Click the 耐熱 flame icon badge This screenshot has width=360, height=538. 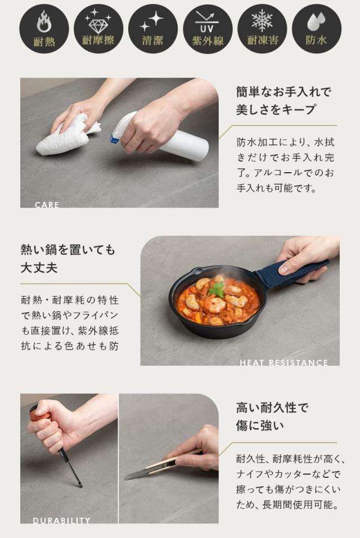pyautogui.click(x=44, y=29)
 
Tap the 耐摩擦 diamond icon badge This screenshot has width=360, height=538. pyautogui.click(x=98, y=29)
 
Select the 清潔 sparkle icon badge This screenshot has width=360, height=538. pyautogui.click(x=153, y=29)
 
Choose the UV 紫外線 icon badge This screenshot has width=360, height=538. pyautogui.click(x=208, y=29)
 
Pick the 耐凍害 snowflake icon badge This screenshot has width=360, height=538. pyautogui.click(x=262, y=29)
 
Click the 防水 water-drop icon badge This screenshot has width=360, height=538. pyautogui.click(x=317, y=29)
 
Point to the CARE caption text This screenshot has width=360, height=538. pyautogui.click(x=47, y=205)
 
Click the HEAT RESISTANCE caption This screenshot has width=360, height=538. pyautogui.click(x=283, y=363)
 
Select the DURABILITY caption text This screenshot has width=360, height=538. pyautogui.click(x=61, y=521)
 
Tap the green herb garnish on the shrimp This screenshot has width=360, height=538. pyautogui.click(x=217, y=289)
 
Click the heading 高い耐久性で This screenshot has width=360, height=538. pyautogui.click(x=272, y=407)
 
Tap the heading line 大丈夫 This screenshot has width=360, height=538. pyautogui.click(x=39, y=267)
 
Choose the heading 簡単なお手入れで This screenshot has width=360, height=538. pyautogui.click(x=283, y=92)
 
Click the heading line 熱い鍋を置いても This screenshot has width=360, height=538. pyautogui.click(x=67, y=249)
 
